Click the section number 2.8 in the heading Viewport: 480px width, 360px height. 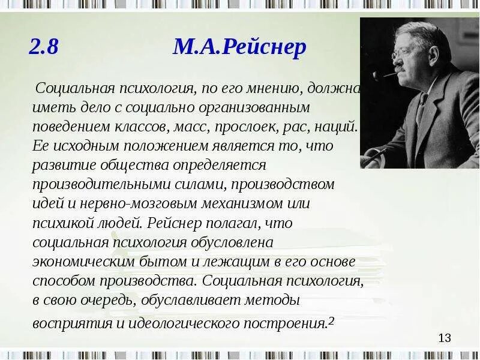click(x=44, y=47)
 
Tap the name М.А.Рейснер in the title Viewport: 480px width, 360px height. click(x=239, y=47)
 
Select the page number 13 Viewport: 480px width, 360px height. click(x=444, y=338)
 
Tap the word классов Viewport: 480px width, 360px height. click(x=145, y=127)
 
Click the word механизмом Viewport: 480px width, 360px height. click(x=236, y=203)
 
